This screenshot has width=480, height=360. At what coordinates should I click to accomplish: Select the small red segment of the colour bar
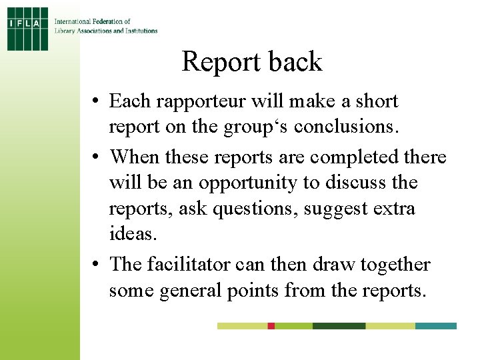pos(271,326)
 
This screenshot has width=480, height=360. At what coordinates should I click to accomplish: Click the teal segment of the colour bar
pos(436,326)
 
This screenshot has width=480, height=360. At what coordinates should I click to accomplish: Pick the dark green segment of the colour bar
pos(339,326)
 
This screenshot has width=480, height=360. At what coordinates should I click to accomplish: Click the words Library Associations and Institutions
pos(106,31)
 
